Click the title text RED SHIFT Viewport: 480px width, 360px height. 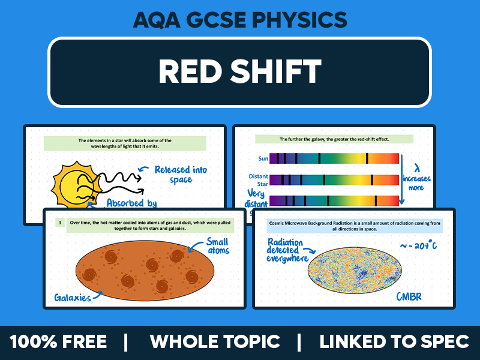(239, 71)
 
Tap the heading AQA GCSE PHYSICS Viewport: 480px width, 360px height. (239, 20)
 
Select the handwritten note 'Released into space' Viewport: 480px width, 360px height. (180, 175)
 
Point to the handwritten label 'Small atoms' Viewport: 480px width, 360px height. (217, 246)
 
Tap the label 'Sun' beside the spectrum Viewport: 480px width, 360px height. (262, 158)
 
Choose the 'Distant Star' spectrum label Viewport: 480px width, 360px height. (258, 180)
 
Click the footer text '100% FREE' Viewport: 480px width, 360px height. (58, 342)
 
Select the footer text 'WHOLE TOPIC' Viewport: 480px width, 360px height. (215, 342)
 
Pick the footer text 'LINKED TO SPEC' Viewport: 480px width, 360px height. (394, 342)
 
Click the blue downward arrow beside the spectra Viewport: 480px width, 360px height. (401, 180)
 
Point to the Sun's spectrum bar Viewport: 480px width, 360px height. (334, 158)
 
